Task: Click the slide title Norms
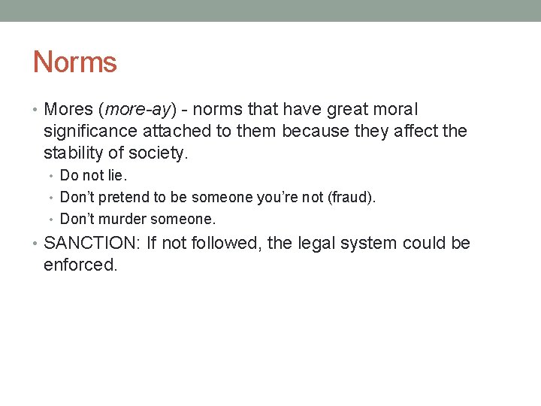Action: coord(75,62)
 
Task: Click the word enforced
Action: coord(80,265)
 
